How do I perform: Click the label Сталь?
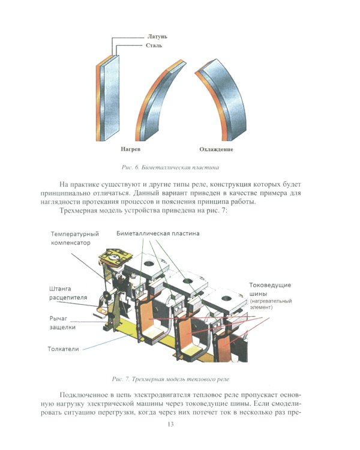tap(154, 46)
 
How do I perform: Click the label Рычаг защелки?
tap(62, 322)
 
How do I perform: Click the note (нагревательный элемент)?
tap(271, 304)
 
